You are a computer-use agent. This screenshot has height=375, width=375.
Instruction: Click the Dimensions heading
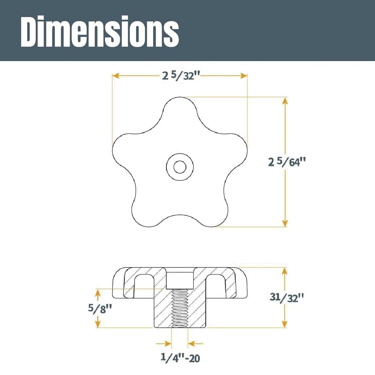point(100,31)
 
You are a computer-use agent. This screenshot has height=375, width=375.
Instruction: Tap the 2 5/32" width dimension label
point(181,76)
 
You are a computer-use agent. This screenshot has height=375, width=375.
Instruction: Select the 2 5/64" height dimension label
point(287,162)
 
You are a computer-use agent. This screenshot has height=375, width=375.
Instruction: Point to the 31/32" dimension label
point(287,297)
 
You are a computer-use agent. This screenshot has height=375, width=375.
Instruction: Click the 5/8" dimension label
point(100,309)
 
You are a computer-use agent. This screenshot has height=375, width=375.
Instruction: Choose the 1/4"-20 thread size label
point(180,358)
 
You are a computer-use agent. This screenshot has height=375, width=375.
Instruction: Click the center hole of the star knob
point(180,167)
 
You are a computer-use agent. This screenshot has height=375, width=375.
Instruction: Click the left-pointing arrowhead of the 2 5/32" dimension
point(116,76)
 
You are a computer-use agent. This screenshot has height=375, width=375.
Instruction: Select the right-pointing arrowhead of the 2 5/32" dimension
point(244,76)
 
